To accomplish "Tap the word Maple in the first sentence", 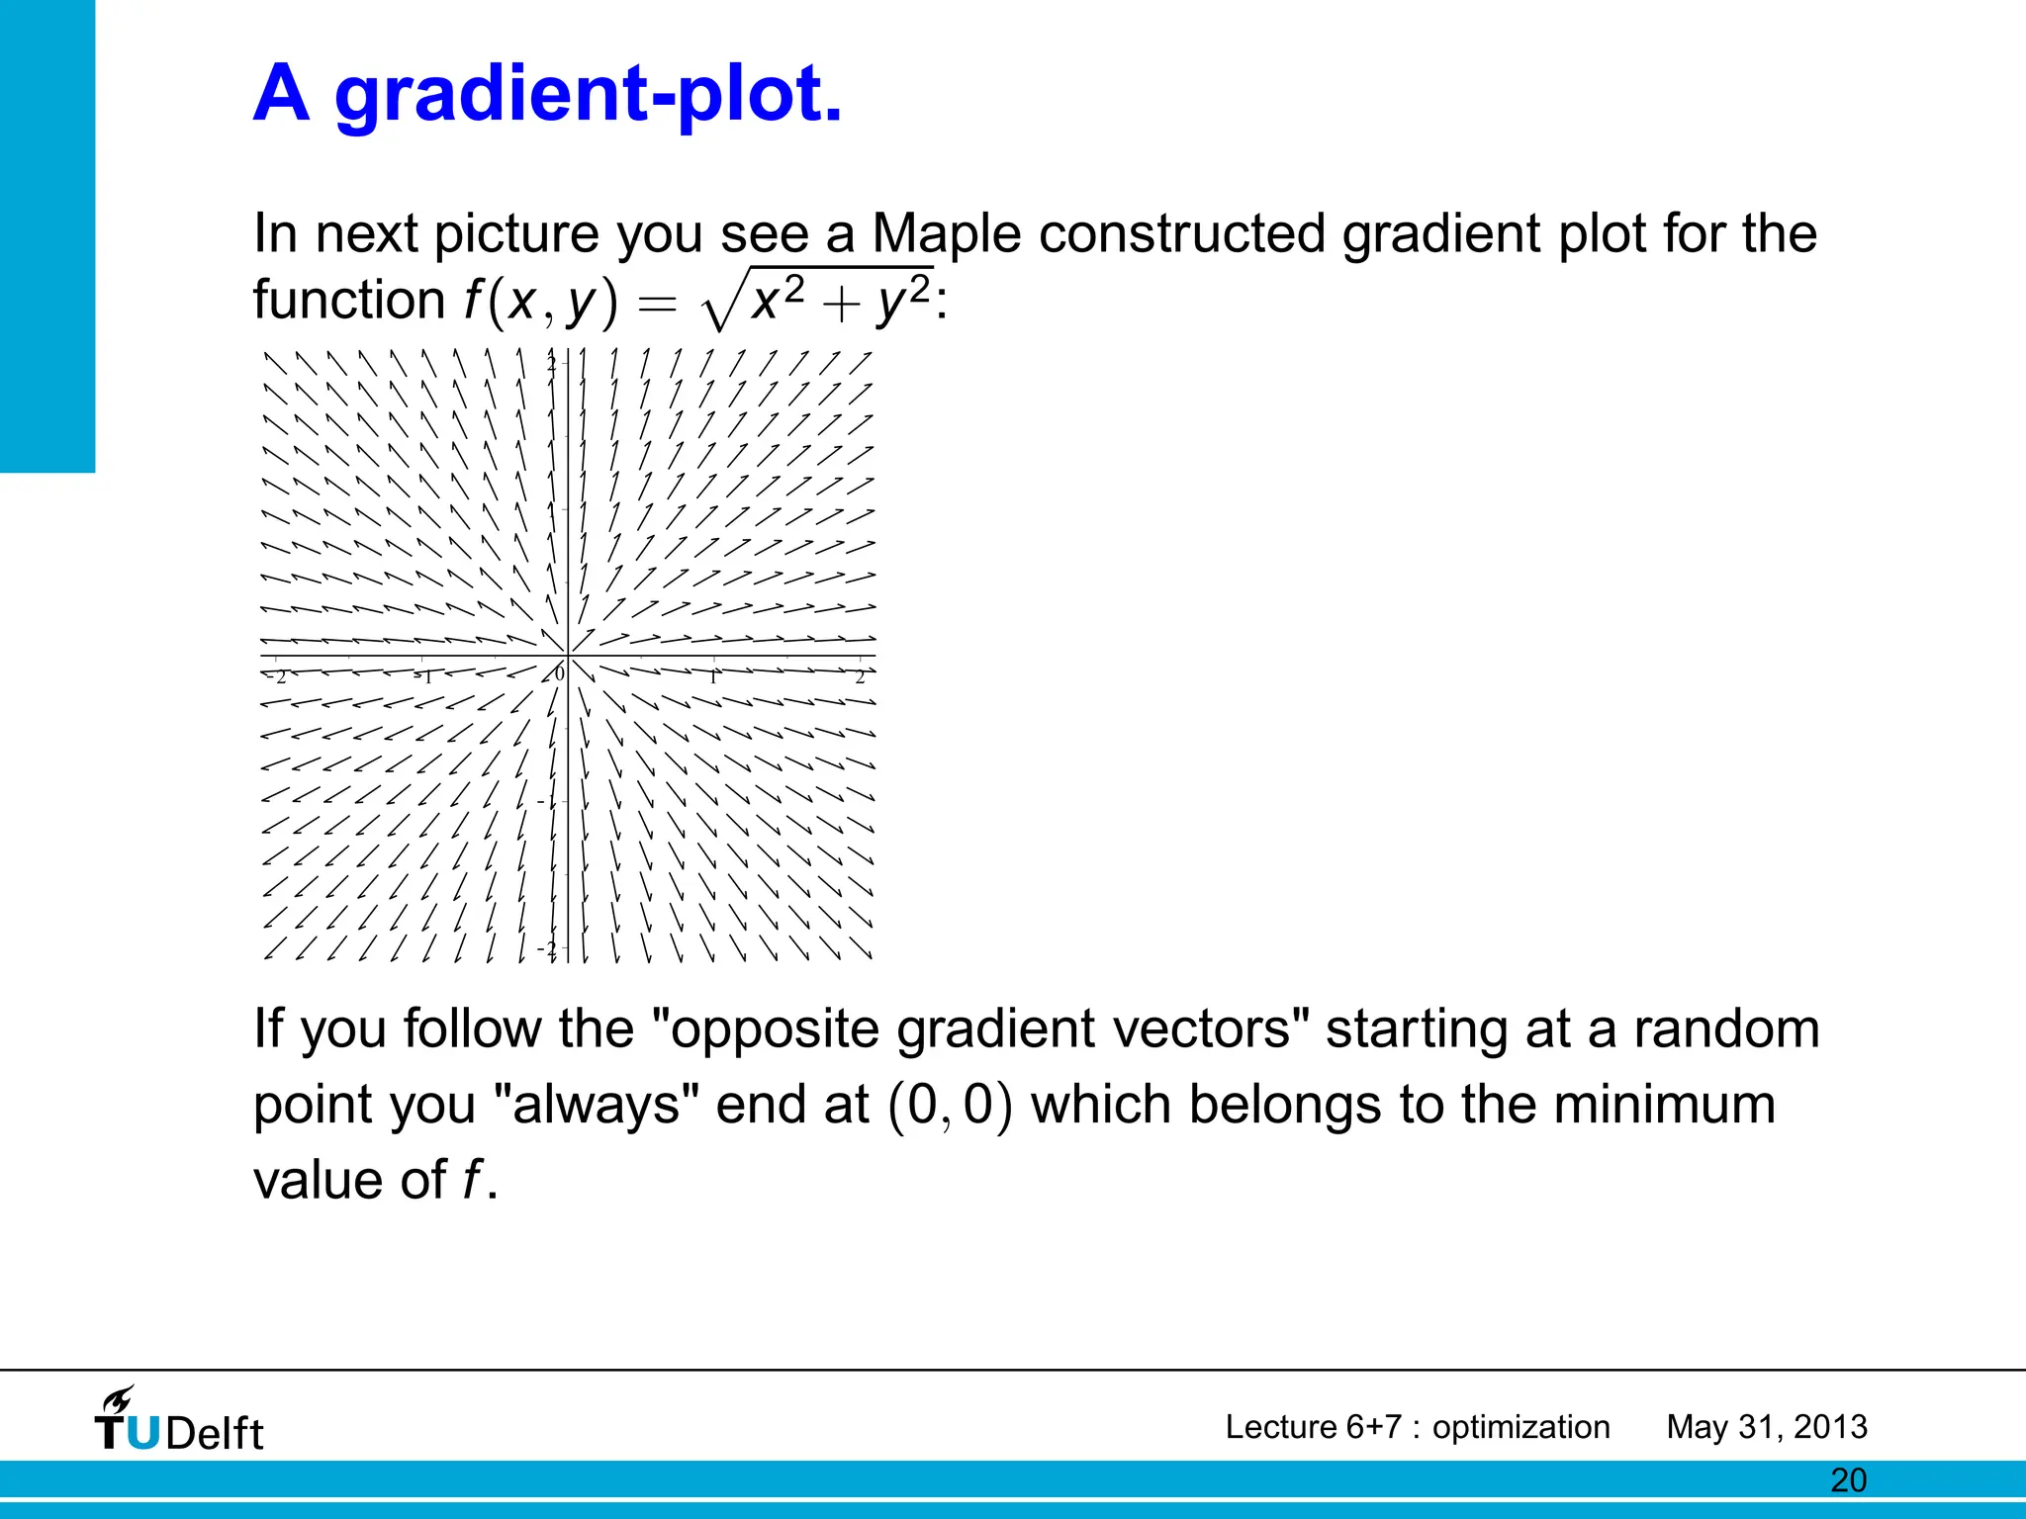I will (x=946, y=234).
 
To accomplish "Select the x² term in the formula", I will (x=778, y=299).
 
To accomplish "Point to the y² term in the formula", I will (x=903, y=299).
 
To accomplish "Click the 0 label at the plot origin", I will (x=559, y=673).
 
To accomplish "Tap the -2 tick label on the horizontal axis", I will (x=277, y=677).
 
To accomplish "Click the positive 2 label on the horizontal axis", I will (x=860, y=677).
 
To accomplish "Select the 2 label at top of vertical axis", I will (x=552, y=363).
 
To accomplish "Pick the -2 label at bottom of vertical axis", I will (x=547, y=948).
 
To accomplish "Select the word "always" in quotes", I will (x=597, y=1105).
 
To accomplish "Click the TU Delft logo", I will (x=179, y=1431).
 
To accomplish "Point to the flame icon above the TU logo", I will (x=118, y=1399).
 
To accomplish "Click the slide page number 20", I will (x=1848, y=1480).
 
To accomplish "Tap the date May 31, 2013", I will (x=1767, y=1427).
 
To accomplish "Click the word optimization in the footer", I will (x=1520, y=1427).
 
